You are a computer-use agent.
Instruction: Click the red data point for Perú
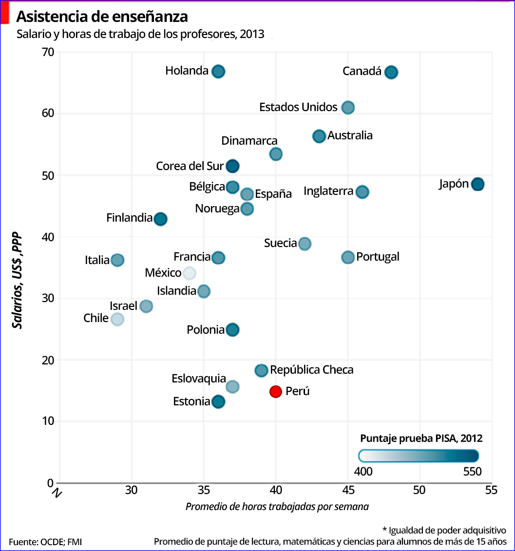click(276, 391)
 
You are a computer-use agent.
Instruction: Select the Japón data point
click(477, 184)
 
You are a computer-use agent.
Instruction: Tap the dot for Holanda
click(218, 71)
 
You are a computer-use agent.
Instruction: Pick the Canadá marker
click(391, 72)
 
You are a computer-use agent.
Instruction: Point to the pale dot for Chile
click(117, 319)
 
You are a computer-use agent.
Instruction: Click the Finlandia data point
click(160, 219)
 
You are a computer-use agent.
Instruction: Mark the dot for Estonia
click(218, 401)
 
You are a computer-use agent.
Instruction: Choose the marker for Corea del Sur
click(232, 166)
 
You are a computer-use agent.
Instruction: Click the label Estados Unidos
click(298, 107)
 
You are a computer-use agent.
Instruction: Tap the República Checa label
click(312, 370)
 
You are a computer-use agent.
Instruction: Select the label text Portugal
click(378, 257)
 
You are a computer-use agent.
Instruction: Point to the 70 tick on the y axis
click(47, 52)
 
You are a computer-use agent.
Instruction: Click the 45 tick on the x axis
click(348, 490)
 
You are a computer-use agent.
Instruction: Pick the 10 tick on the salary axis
click(47, 421)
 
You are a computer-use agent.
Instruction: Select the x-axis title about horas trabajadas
click(277, 507)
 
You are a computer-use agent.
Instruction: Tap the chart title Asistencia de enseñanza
click(102, 17)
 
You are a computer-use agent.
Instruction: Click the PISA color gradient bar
click(419, 456)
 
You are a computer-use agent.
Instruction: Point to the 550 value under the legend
click(471, 472)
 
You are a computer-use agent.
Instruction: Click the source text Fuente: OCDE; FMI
click(42, 542)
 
